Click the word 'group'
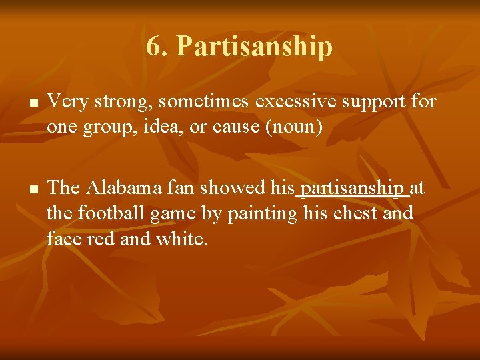[107, 127]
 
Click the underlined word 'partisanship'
[351, 189]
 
